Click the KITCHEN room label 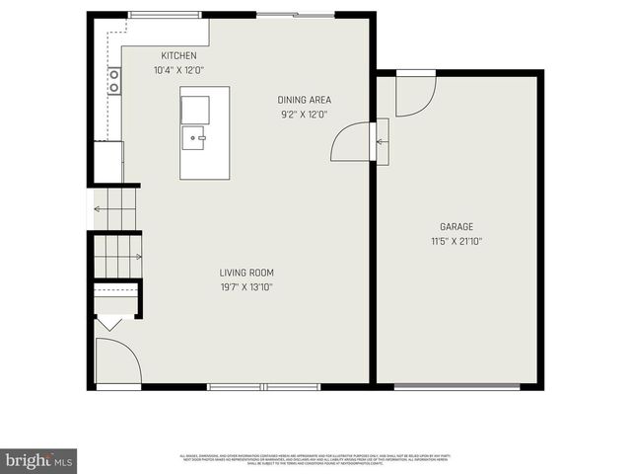(179, 55)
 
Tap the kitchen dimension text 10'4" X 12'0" (178, 70)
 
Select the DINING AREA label (304, 100)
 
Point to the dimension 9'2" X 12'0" (304, 115)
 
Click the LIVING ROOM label (246, 273)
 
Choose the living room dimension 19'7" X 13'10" (246, 287)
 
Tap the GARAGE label (456, 226)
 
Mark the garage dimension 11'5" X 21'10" (456, 241)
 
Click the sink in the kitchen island (193, 137)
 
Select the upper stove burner (114, 74)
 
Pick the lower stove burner (114, 87)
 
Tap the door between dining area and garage (350, 141)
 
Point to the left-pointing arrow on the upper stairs (99, 208)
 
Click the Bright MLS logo (38, 460)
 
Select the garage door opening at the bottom (456, 386)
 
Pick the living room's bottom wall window (264, 386)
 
